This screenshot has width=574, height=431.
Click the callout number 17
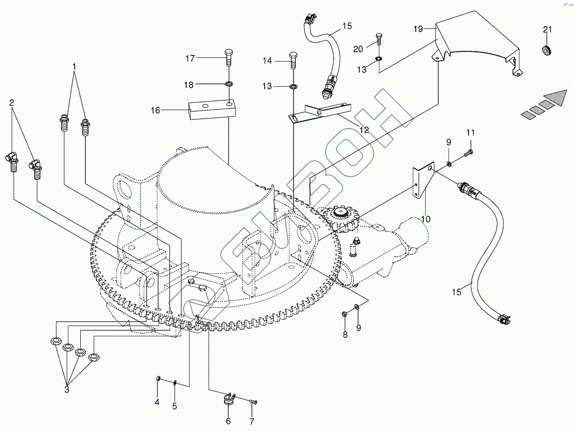coord(190,58)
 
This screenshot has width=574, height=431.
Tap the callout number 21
coord(547,30)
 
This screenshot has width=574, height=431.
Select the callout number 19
coord(418,29)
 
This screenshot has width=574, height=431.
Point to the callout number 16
coord(155,111)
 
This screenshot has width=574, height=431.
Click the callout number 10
coord(426,219)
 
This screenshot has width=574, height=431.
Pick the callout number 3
coord(67,389)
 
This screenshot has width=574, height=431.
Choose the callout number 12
coord(364,130)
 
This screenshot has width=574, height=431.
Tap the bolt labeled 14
coord(293,60)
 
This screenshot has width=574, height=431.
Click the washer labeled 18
coord(229,84)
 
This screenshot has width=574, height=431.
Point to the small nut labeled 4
coord(158,378)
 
